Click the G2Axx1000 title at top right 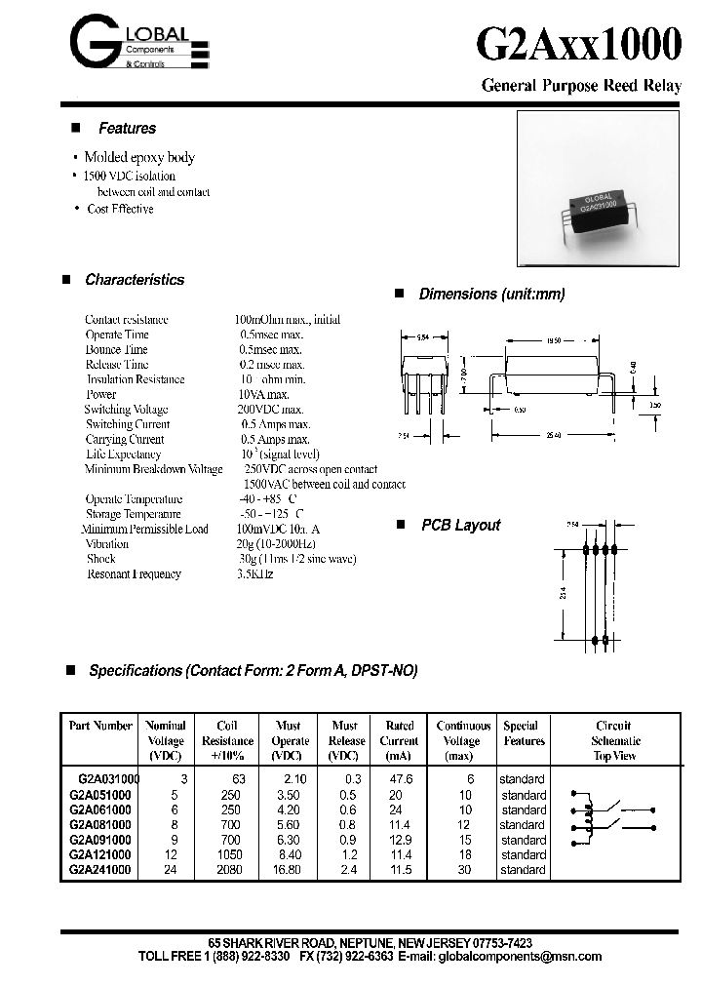[579, 46]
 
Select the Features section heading [127, 129]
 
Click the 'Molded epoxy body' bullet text [139, 157]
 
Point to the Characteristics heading [135, 280]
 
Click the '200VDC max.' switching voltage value [272, 410]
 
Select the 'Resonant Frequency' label [135, 574]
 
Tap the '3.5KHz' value [255, 574]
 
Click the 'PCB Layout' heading [460, 525]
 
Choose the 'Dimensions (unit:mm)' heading [491, 295]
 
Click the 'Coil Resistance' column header [226, 740]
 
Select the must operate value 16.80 [290, 869]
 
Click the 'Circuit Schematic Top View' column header [614, 740]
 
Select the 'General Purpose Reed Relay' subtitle [581, 86]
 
